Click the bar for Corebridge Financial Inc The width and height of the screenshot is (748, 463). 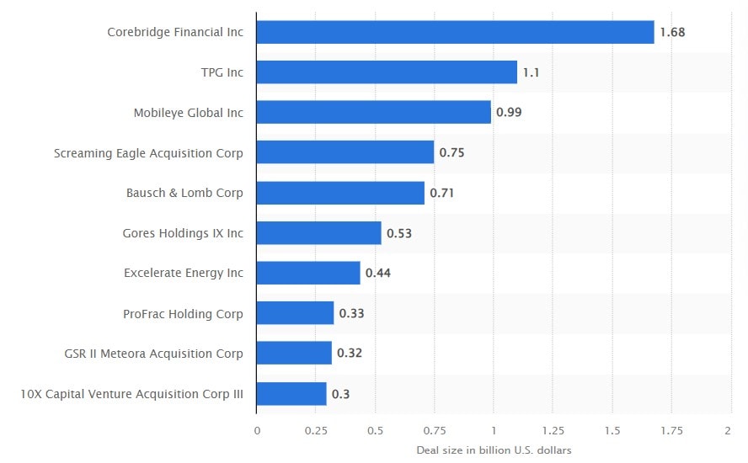coord(455,32)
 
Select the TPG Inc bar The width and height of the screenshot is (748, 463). coord(387,72)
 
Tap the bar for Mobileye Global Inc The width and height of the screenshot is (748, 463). coord(373,112)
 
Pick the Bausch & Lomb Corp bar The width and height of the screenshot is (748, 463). coord(340,193)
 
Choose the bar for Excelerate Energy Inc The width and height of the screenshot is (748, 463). coord(308,273)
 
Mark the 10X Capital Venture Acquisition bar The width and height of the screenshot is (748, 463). coord(291,394)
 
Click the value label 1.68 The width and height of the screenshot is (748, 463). coord(671,32)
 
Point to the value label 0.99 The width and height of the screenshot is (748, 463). coord(509,112)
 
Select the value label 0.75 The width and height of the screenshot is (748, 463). coord(451,152)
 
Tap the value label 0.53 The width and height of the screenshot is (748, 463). coord(399,233)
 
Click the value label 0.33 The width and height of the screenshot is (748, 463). coord(351,313)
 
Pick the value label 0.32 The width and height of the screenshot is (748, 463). coord(350,354)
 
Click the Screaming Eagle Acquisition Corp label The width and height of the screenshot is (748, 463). coord(148,153)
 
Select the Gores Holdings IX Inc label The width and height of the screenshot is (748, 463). coord(183,233)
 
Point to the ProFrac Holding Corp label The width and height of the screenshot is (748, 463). coord(183,314)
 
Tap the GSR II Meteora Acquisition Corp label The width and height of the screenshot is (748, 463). coord(153,354)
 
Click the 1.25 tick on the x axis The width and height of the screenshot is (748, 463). coord(553,429)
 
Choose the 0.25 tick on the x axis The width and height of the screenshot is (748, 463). coord(315,429)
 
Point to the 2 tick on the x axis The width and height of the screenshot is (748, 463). coord(728,429)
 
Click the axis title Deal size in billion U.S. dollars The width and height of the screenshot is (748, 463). coord(494,450)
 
